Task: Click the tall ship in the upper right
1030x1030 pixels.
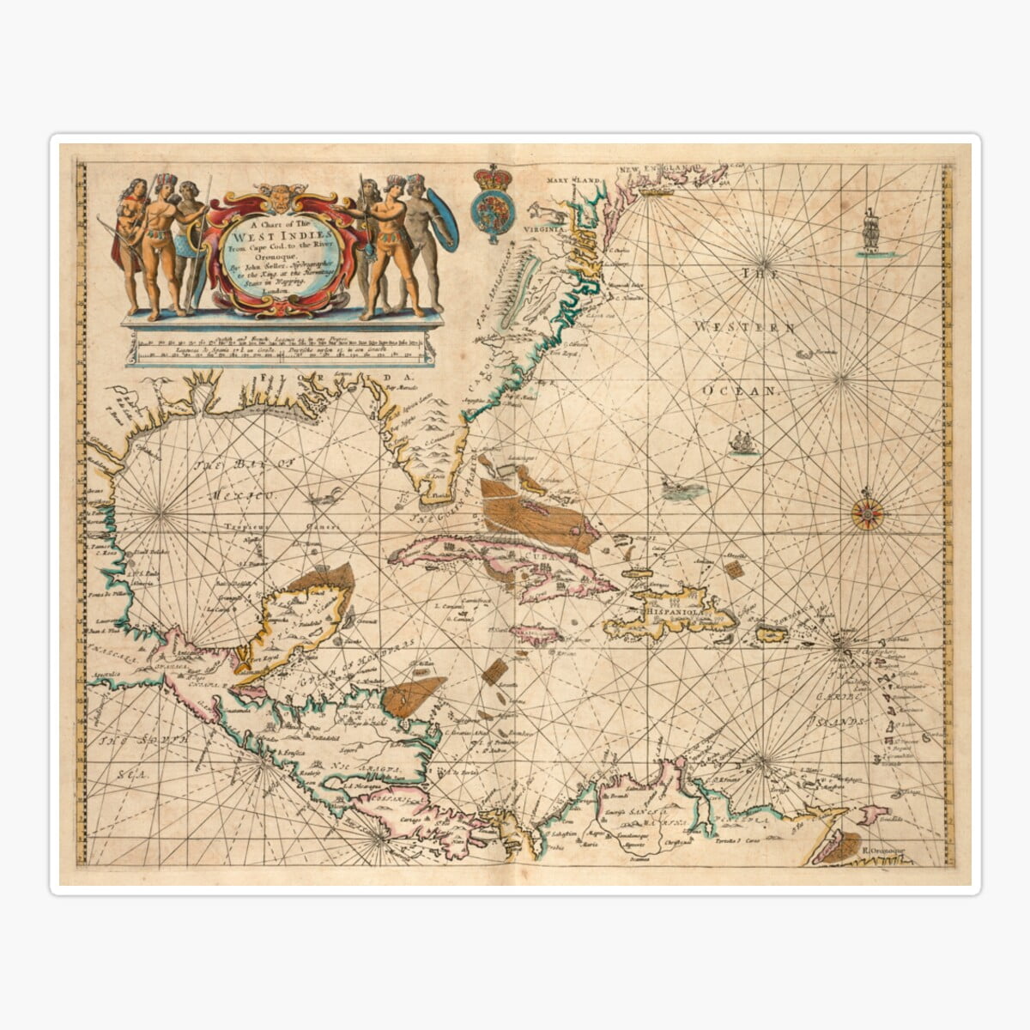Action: (x=872, y=230)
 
